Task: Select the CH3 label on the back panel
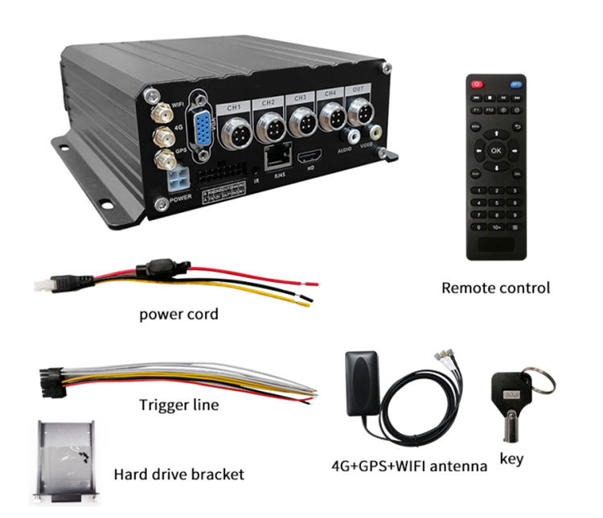pos(300,97)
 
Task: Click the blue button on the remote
pos(515,84)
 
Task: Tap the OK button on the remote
pos(494,150)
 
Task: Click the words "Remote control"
pos(496,288)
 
